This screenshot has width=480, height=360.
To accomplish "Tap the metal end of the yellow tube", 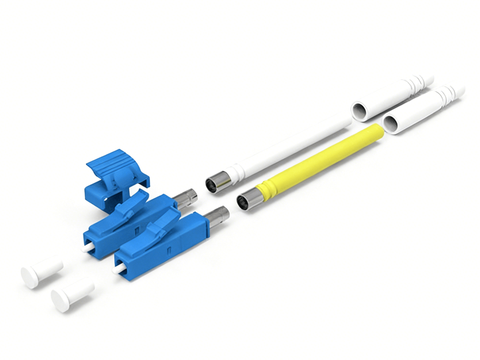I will [x=247, y=201].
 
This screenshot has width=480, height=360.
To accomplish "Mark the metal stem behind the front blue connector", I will [x=218, y=217].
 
